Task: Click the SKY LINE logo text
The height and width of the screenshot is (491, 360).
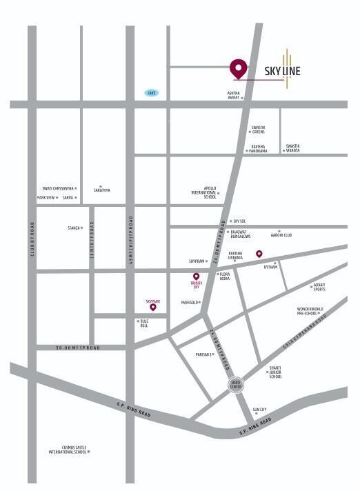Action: (282, 70)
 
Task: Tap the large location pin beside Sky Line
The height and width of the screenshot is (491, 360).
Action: (238, 68)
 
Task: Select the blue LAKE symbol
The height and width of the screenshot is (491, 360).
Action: (151, 92)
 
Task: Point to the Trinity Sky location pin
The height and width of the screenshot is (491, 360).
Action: (196, 277)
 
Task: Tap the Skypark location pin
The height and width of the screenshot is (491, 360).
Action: (153, 307)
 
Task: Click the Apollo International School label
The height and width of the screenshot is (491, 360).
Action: (204, 192)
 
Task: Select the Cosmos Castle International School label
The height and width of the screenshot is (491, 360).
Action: (67, 451)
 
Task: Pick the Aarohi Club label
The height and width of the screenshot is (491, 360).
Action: (281, 235)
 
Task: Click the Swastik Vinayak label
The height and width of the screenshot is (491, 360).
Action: (293, 148)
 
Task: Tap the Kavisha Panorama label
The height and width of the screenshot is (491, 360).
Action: (258, 148)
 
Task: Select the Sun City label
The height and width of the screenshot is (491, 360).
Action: (259, 409)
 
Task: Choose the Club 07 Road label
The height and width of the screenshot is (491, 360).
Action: (32, 240)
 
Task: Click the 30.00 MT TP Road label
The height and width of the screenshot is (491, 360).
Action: (78, 348)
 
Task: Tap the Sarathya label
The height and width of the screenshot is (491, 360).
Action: (101, 190)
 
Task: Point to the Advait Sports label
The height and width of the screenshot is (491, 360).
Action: (319, 287)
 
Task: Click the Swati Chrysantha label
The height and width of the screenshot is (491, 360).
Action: (57, 188)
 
